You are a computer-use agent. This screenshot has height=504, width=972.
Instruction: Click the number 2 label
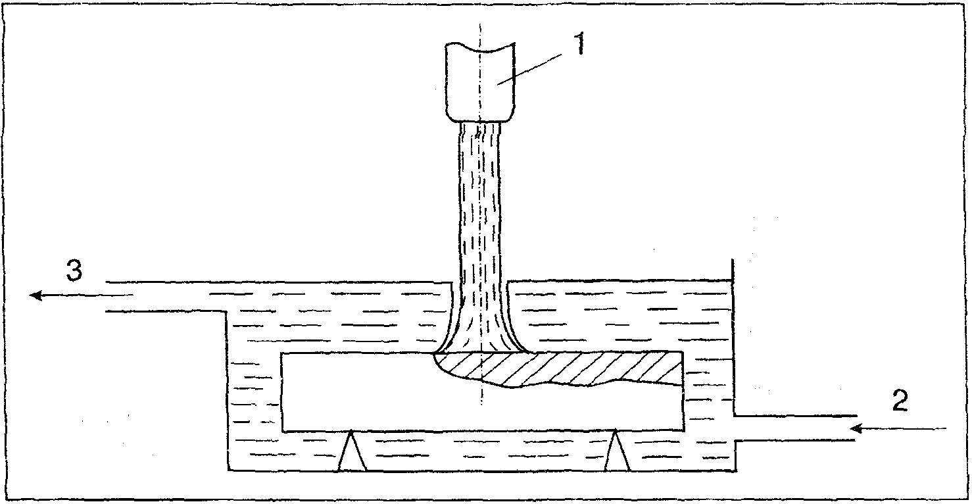click(899, 400)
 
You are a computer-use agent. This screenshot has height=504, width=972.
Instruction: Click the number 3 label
click(75, 271)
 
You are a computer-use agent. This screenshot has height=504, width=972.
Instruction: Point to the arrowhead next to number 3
click(37, 296)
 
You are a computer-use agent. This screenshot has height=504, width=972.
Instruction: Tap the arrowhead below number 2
click(856, 429)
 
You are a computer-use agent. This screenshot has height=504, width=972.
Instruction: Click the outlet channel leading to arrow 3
click(164, 296)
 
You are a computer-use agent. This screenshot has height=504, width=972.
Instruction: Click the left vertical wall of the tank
click(228, 388)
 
